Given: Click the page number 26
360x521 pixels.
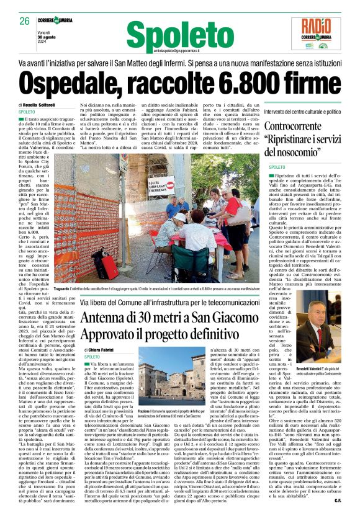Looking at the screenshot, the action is pos(25,21).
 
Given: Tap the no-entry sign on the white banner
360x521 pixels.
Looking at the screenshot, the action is pos(169,183).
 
